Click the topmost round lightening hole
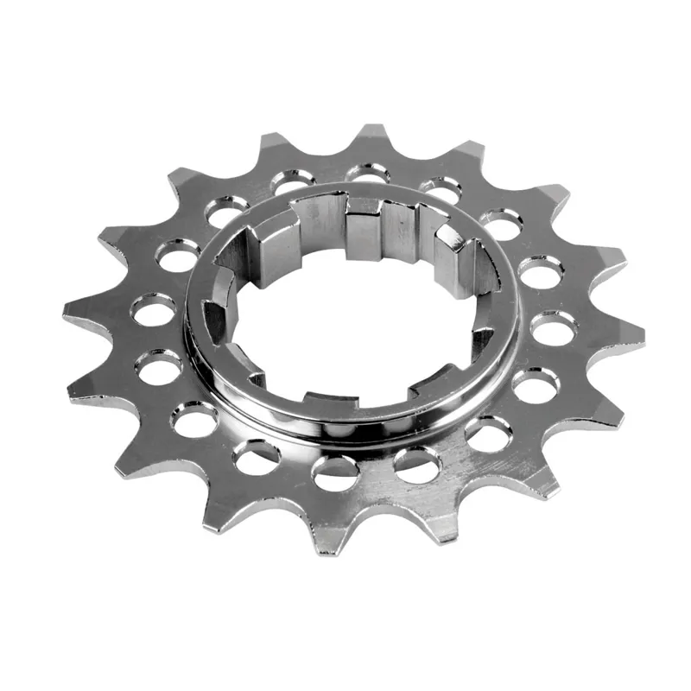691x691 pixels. pyautogui.click(x=368, y=175)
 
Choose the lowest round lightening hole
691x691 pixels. pyautogui.click(x=333, y=471)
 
